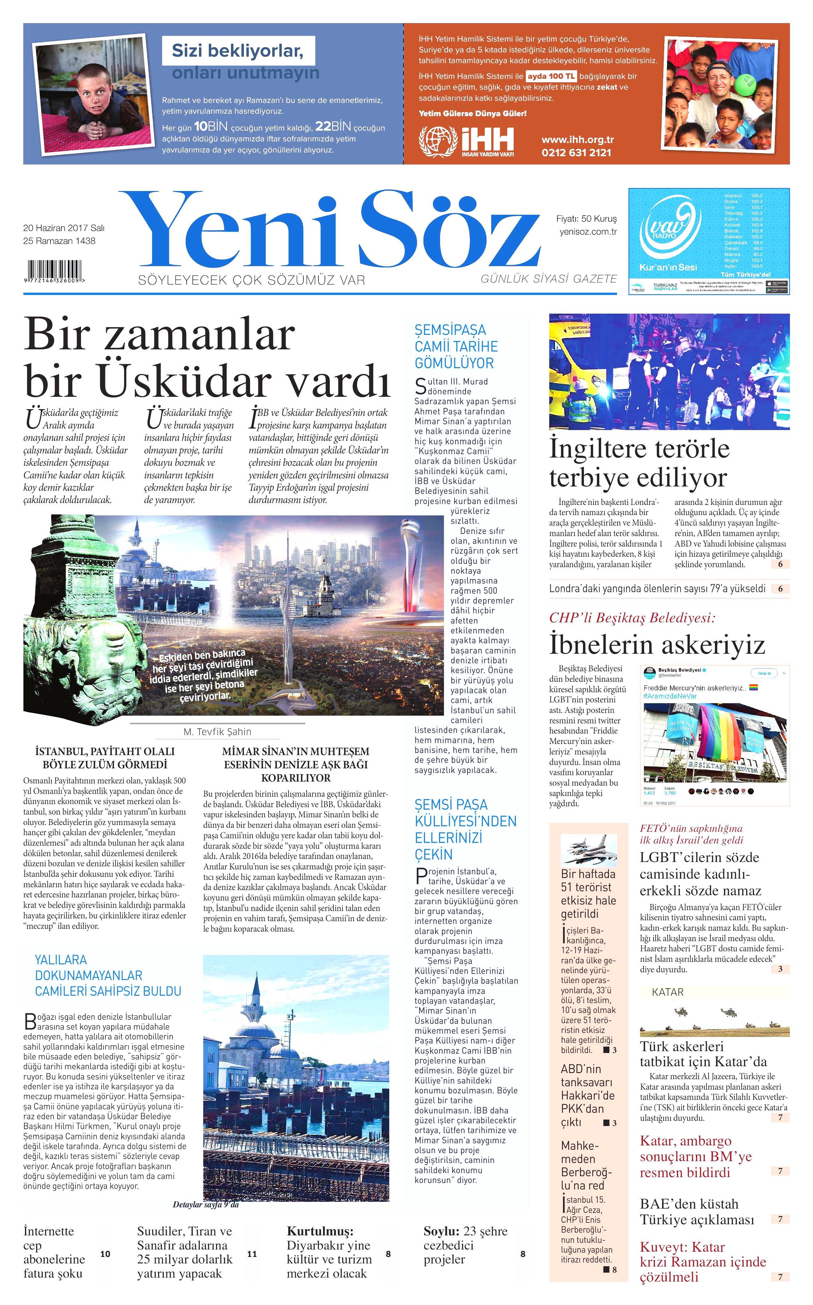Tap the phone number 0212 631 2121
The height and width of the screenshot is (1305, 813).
click(x=576, y=153)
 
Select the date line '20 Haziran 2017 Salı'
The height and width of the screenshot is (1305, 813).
click(x=63, y=228)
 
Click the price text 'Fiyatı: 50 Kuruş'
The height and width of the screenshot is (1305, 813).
click(x=587, y=219)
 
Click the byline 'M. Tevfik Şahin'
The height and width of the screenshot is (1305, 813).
click(x=217, y=732)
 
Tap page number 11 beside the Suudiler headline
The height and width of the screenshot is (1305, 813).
click(x=252, y=1254)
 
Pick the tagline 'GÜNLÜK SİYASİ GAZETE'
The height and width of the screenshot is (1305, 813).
click(x=548, y=278)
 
